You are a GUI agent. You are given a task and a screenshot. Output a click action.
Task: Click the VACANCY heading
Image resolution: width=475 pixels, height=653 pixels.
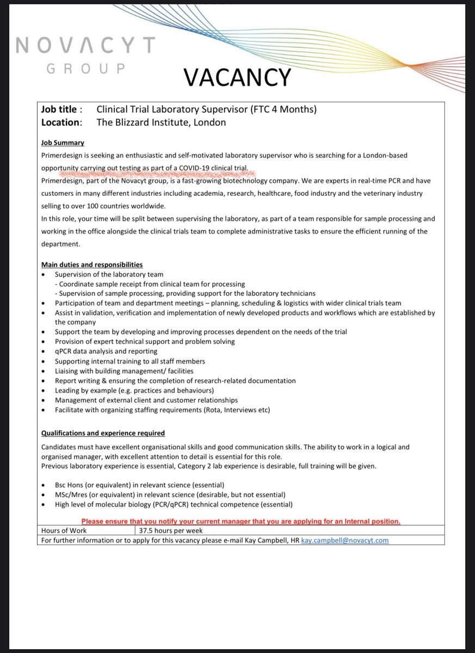click(x=237, y=77)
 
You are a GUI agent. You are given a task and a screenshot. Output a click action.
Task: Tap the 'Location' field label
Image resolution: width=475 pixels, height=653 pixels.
click(x=61, y=122)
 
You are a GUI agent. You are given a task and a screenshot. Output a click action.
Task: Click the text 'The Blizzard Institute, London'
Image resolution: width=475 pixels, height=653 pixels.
click(x=161, y=122)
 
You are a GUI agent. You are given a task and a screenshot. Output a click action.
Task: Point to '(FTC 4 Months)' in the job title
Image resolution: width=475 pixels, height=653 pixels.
click(x=283, y=109)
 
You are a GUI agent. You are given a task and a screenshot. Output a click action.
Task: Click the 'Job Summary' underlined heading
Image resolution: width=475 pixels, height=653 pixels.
click(x=63, y=143)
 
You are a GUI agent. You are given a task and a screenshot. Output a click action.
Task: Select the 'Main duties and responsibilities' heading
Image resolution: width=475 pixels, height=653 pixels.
click(x=92, y=264)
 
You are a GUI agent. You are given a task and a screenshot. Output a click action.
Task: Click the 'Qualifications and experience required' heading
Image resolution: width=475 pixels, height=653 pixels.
click(x=103, y=433)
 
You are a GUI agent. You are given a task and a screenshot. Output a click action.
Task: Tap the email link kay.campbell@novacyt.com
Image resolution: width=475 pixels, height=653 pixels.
click(x=345, y=540)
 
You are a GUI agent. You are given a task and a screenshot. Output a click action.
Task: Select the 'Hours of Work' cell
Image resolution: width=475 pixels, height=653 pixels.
click(x=64, y=531)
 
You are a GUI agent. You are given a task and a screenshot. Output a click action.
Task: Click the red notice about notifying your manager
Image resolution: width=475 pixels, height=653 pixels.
click(x=240, y=521)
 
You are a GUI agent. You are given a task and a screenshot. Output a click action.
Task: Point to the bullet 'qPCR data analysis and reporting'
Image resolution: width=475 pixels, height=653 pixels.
click(x=106, y=352)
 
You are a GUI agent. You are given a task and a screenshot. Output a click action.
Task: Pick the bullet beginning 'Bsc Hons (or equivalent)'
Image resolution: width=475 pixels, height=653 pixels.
click(x=139, y=484)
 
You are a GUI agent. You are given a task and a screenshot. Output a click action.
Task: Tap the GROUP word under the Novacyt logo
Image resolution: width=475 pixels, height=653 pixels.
click(x=87, y=69)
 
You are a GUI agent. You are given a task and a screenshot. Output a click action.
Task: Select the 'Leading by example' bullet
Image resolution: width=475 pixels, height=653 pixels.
click(x=134, y=391)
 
